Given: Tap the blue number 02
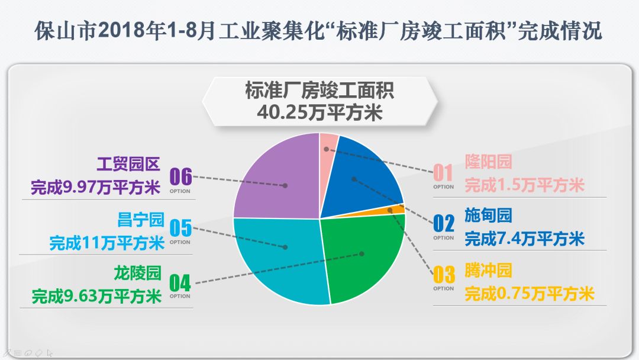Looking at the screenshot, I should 444,224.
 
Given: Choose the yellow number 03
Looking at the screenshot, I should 444,275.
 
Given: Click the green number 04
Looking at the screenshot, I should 180,282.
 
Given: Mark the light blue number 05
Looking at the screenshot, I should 180,228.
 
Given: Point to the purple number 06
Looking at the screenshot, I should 180,176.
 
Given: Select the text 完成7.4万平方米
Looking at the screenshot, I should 524,239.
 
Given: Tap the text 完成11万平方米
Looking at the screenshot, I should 106,243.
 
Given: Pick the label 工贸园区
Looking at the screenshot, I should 128,163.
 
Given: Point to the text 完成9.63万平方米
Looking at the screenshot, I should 96,295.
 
